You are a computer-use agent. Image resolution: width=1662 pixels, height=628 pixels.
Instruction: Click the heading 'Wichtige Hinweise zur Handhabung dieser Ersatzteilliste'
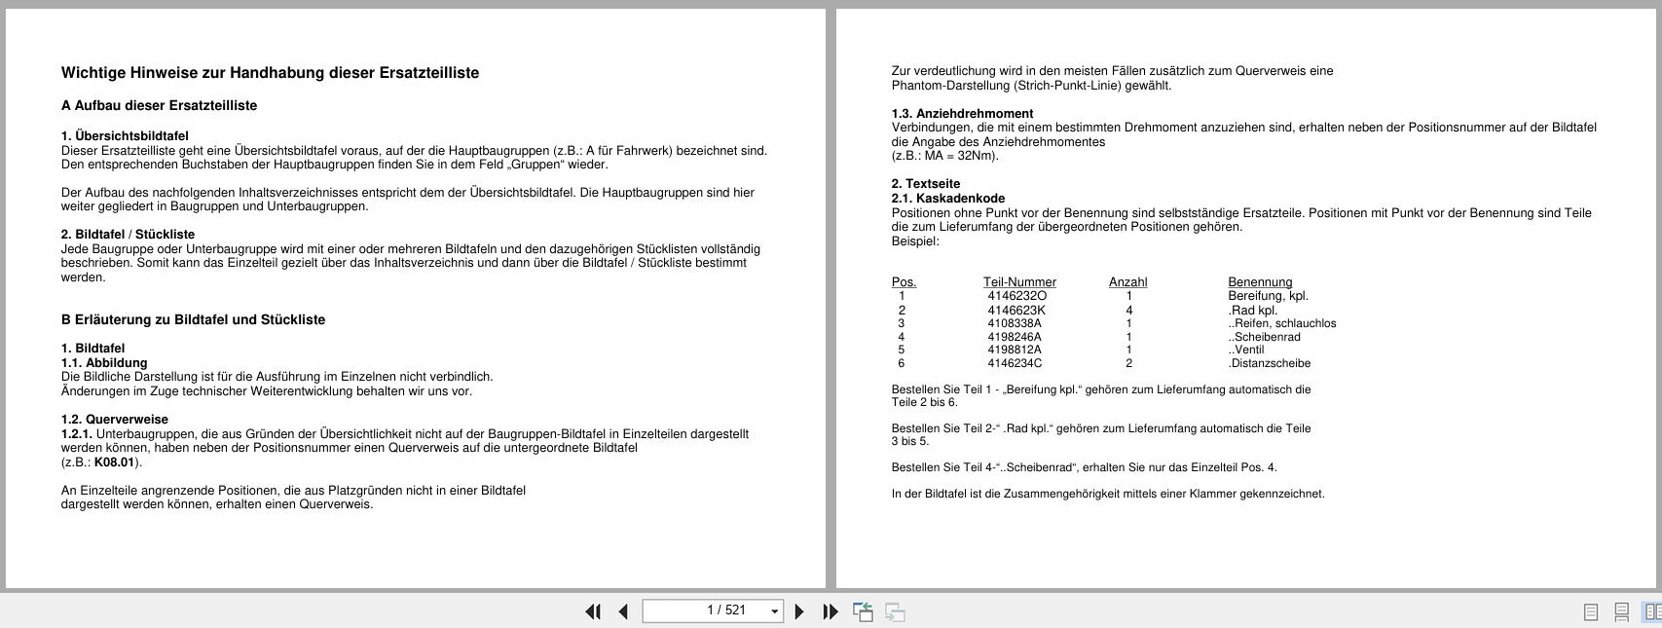coord(270,73)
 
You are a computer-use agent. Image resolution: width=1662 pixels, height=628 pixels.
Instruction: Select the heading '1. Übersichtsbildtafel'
coord(125,136)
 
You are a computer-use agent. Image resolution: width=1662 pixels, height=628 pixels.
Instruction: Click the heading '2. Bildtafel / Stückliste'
coord(128,235)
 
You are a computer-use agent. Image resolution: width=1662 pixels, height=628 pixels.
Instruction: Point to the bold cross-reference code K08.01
coord(115,462)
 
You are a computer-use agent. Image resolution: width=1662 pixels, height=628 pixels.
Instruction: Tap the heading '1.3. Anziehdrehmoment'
coord(962,114)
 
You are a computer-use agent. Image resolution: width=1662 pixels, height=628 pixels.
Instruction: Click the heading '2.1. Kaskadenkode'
coord(948,199)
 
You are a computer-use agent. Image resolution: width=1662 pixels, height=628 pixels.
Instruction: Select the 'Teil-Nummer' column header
coord(1019,282)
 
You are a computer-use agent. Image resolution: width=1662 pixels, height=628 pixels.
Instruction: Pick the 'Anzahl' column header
coord(1127,282)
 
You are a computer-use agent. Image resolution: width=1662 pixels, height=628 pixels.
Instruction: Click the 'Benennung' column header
coord(1260,282)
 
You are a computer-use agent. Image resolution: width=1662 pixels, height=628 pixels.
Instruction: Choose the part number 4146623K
coord(1016,311)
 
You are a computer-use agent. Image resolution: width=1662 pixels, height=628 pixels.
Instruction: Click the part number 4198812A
coord(1015,350)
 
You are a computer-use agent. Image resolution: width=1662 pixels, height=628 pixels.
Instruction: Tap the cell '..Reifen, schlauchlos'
coord(1282,323)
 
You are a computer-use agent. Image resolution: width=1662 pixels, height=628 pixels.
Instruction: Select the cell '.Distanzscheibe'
coord(1270,363)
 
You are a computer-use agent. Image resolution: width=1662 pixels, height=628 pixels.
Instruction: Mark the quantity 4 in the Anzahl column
coord(1129,311)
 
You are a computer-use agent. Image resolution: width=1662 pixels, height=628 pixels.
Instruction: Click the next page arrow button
coord(799,611)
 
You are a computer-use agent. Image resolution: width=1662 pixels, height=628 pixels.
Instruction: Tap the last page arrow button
coord(830,611)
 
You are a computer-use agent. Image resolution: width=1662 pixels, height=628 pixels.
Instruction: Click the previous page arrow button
coord(623,611)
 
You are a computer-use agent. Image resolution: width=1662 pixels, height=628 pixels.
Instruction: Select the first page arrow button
coord(592,611)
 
